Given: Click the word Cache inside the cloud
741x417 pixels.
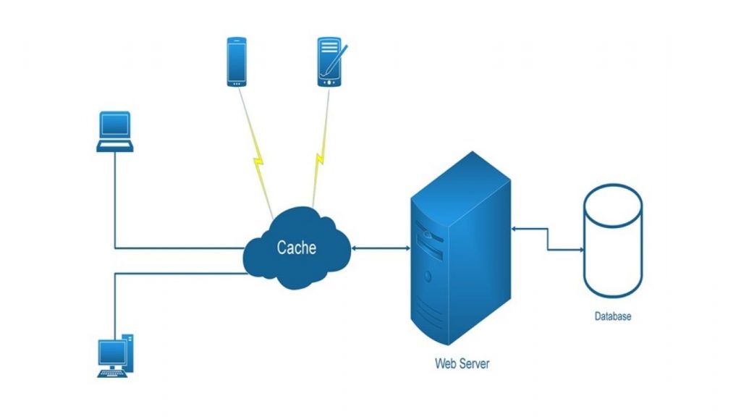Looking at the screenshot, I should pyautogui.click(x=297, y=247).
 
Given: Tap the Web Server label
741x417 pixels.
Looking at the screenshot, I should pyautogui.click(x=462, y=363).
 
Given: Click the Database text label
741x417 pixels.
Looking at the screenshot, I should pyautogui.click(x=613, y=316).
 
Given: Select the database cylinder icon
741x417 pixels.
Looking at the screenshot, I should pyautogui.click(x=612, y=246).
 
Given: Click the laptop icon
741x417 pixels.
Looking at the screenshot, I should pyautogui.click(x=115, y=131).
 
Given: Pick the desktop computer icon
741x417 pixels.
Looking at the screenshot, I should pyautogui.click(x=116, y=355).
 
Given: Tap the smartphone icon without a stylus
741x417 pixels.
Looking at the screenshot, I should pyautogui.click(x=236, y=63).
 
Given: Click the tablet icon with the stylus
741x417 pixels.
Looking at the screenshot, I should pyautogui.click(x=330, y=63).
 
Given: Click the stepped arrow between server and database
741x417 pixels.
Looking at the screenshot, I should pyautogui.click(x=548, y=240).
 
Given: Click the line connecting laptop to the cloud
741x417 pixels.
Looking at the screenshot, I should pyautogui.click(x=115, y=210).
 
